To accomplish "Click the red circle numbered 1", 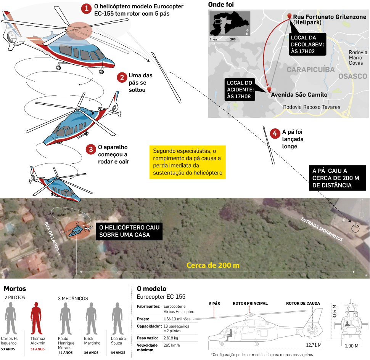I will pyautogui.click(x=87, y=8).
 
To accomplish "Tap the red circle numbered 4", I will pyautogui.click(x=274, y=133).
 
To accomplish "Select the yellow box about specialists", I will pyautogui.click(x=187, y=162).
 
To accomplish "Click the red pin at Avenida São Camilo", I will pyautogui.click(x=269, y=90).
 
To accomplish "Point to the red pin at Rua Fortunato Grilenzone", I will pyautogui.click(x=290, y=16).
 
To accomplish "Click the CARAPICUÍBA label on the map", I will pyautogui.click(x=310, y=70).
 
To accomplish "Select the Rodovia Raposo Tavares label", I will pyautogui.click(x=311, y=107).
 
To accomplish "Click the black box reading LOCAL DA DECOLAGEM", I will pyautogui.click(x=308, y=44).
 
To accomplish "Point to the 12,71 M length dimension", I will pyautogui.click(x=313, y=345).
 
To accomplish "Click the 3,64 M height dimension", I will pyautogui.click(x=334, y=312).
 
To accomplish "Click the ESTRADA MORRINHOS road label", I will pyautogui.click(x=322, y=230).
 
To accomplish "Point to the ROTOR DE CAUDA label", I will pyautogui.click(x=303, y=304).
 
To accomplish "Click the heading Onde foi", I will pyautogui.click(x=221, y=5).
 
